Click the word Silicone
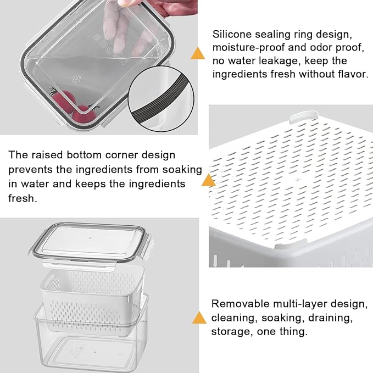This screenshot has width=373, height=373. [232, 34]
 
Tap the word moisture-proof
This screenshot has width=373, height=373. [248, 48]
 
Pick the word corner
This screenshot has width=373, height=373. [121, 155]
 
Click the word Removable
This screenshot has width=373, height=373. [240, 304]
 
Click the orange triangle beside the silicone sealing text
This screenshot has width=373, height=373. [197, 53]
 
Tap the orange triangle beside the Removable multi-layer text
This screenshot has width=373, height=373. [199, 318]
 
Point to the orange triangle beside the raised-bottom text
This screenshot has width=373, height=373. [208, 180]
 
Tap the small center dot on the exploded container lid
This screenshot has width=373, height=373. [90, 238]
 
